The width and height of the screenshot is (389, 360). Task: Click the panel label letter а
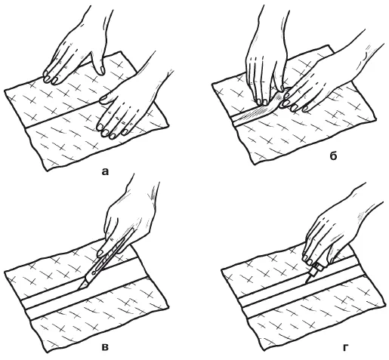tap(105, 171)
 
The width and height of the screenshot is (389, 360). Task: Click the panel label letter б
tap(333, 156)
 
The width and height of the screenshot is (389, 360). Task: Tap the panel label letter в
tap(105, 347)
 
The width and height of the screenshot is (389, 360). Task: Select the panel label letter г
tap(345, 348)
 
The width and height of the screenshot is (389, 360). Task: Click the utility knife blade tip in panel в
tap(78, 289)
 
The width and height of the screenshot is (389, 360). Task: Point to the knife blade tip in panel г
tap(306, 283)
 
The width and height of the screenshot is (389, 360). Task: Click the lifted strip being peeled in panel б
tap(262, 107)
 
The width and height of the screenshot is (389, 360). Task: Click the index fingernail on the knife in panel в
tap(100, 253)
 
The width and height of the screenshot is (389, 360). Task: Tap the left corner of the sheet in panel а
tap(5, 90)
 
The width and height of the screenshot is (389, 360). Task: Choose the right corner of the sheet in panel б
tap(376, 119)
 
